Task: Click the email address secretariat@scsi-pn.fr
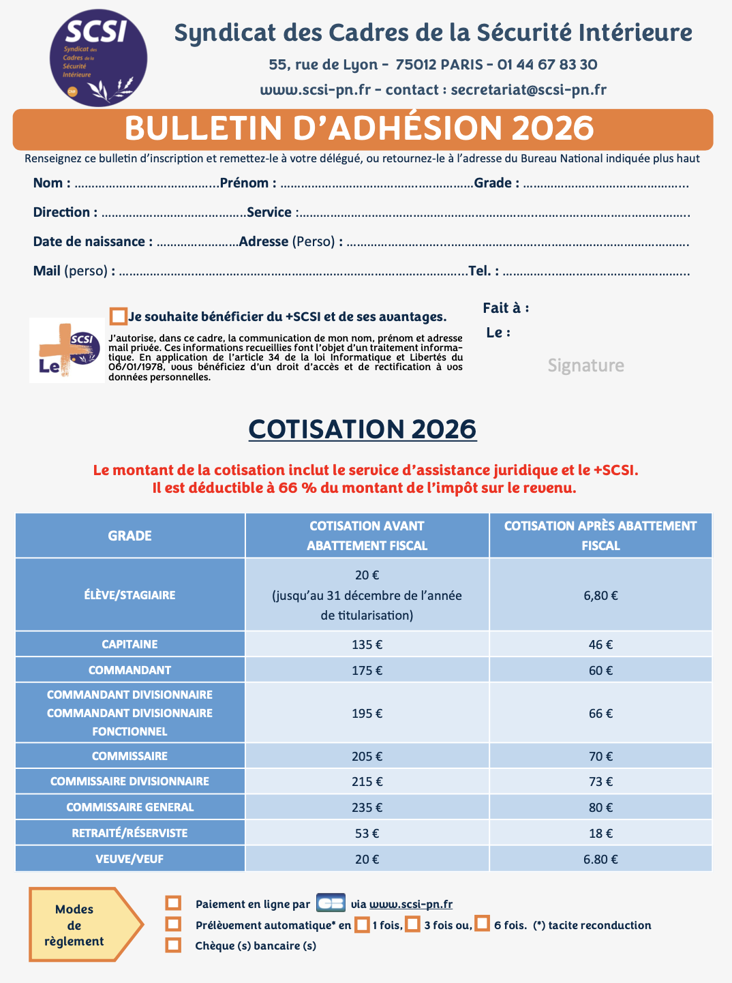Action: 528,90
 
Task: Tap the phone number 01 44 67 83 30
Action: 547,65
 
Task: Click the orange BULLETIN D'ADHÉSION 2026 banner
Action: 363,129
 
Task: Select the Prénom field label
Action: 248,183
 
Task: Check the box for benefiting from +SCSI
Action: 119,316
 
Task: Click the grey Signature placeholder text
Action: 585,365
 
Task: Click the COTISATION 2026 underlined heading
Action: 363,429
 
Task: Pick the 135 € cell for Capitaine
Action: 367,644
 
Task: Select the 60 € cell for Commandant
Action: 600,670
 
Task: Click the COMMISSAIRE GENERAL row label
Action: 129,807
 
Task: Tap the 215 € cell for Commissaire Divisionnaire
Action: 367,781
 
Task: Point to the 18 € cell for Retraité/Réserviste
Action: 600,833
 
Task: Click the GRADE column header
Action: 129,536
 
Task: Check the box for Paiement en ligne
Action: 174,903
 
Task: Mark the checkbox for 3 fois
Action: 412,924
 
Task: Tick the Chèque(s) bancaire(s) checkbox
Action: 174,946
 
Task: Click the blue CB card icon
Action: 331,903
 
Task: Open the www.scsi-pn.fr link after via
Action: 410,904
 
